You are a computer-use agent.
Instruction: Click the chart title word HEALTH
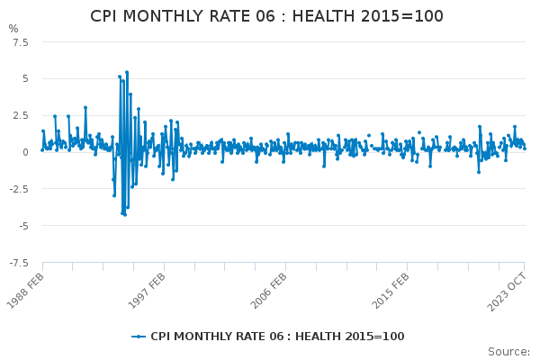323,16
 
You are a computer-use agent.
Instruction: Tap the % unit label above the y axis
13,29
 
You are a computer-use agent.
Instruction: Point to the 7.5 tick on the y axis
21,42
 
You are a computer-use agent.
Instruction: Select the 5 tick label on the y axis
25,79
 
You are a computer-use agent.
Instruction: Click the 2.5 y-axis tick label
21,115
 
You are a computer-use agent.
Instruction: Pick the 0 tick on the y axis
25,152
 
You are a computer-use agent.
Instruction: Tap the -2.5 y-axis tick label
19,189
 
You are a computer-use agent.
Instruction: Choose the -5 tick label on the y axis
23,226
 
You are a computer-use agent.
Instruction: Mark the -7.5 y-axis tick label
19,263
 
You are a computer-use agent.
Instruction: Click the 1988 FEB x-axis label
26,290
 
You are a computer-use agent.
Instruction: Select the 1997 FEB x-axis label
148,290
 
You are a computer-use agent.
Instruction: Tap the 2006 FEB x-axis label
269,290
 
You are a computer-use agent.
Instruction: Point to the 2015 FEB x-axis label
391,290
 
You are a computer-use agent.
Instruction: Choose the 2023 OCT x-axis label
507,292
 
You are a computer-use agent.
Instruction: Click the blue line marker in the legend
139,337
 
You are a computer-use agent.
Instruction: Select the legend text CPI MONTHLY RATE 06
214,337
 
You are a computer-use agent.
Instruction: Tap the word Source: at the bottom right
509,352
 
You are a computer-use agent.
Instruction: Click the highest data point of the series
127,72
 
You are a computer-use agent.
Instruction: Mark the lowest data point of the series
125,215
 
